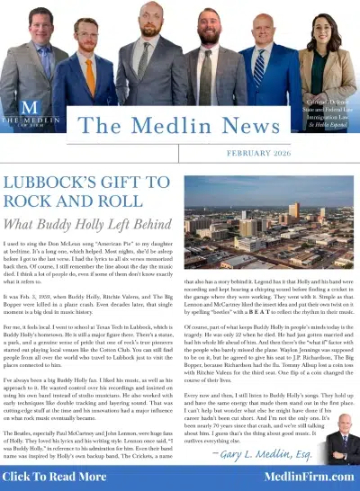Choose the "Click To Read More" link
pos(58,476)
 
